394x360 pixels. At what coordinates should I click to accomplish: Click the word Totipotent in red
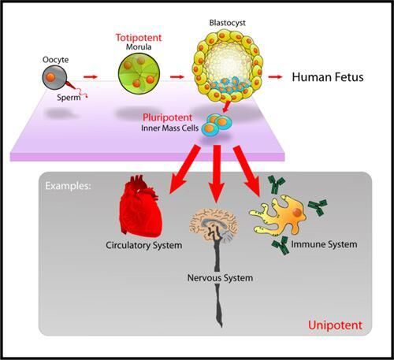pos(137,36)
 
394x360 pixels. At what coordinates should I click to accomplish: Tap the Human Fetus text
pos(327,78)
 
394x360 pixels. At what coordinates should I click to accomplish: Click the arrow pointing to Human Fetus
pos(276,77)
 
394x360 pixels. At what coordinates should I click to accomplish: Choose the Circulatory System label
pos(144,246)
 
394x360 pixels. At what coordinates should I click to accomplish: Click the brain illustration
pos(215,229)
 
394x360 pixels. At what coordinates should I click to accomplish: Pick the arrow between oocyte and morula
pos(91,77)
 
